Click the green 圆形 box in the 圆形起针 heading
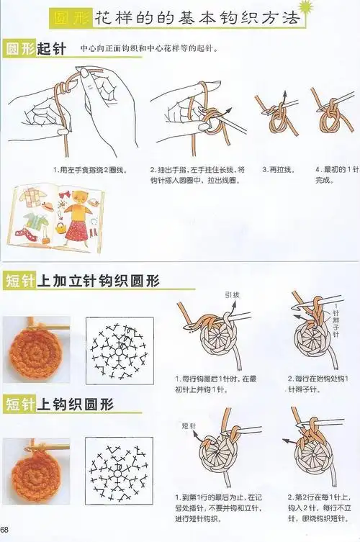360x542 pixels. pyautogui.click(x=20, y=49)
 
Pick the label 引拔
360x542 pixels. pyautogui.click(x=231, y=295)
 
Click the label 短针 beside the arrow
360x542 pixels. pyautogui.click(x=190, y=425)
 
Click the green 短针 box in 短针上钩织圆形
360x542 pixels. pyautogui.click(x=20, y=403)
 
